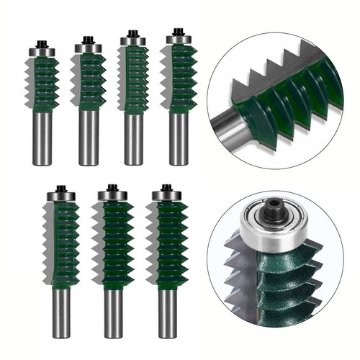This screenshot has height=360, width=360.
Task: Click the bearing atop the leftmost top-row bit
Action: click(42, 52)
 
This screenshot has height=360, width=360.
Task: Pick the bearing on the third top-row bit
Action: click(133, 41)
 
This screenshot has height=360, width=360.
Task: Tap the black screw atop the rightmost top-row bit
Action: click(179, 31)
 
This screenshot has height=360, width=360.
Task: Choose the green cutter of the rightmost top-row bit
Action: click(180, 79)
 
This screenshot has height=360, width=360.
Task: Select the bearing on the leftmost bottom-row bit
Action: click(62, 196)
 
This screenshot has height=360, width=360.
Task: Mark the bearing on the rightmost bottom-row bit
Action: click(166, 195)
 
